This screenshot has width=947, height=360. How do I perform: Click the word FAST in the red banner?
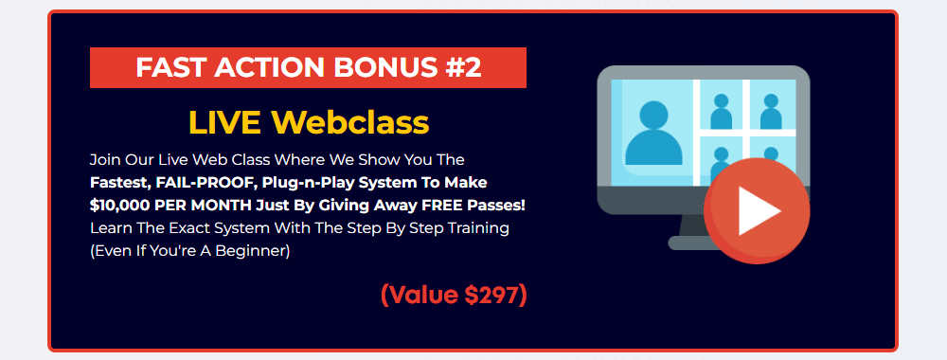[163, 67]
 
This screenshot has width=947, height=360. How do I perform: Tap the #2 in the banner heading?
[464, 67]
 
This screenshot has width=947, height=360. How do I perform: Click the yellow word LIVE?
[224, 122]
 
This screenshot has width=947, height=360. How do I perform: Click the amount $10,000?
[119, 206]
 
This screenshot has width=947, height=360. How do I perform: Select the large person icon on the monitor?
[654, 134]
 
